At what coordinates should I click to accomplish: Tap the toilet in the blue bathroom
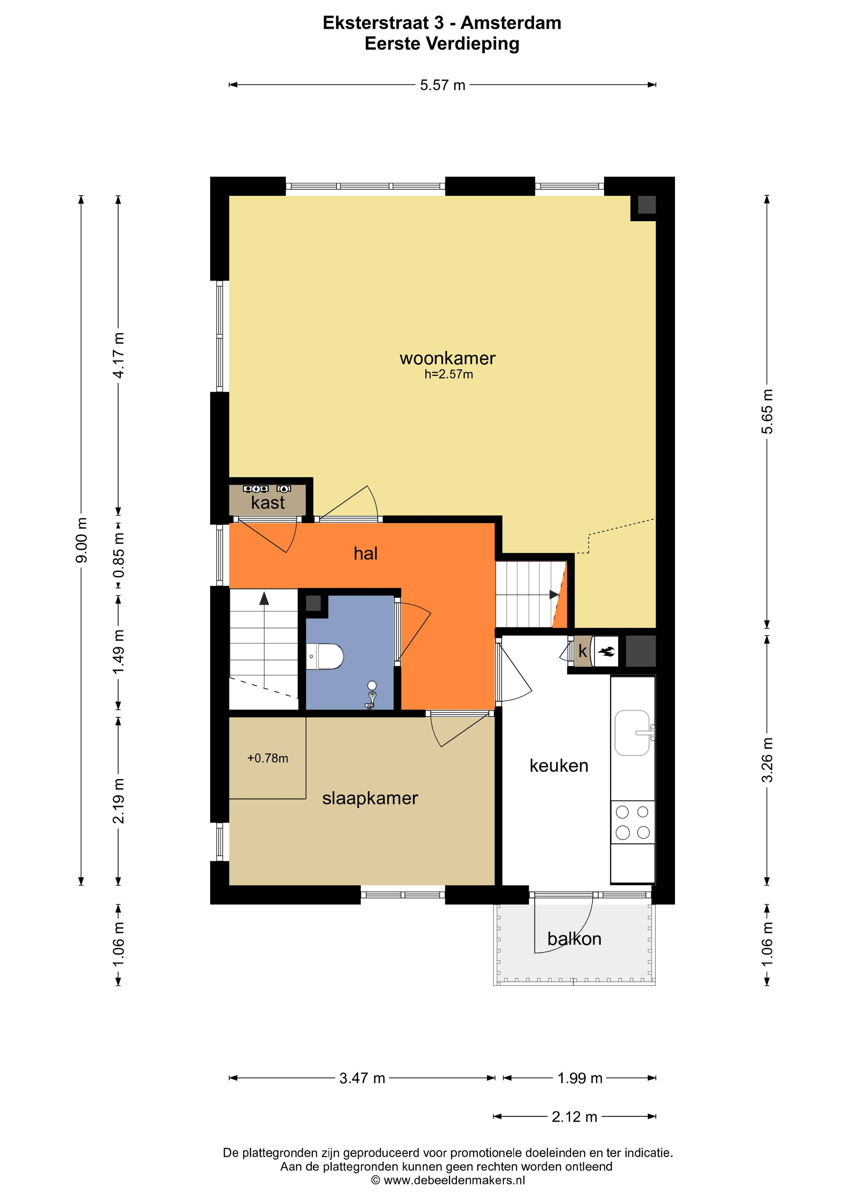[x=325, y=656]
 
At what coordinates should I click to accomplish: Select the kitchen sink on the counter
[x=632, y=733]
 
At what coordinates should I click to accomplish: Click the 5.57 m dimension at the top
[x=443, y=85]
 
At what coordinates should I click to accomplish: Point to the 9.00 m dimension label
[x=81, y=540]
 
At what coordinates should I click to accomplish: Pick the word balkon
[x=574, y=939]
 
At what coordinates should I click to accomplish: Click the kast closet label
[x=268, y=503]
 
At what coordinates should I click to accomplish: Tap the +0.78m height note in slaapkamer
[x=267, y=758]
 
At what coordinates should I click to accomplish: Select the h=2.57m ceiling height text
[x=449, y=374]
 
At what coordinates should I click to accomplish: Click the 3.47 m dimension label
[x=362, y=1078]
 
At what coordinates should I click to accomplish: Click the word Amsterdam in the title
[x=511, y=23]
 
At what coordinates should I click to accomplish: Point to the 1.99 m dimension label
[x=580, y=1078]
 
